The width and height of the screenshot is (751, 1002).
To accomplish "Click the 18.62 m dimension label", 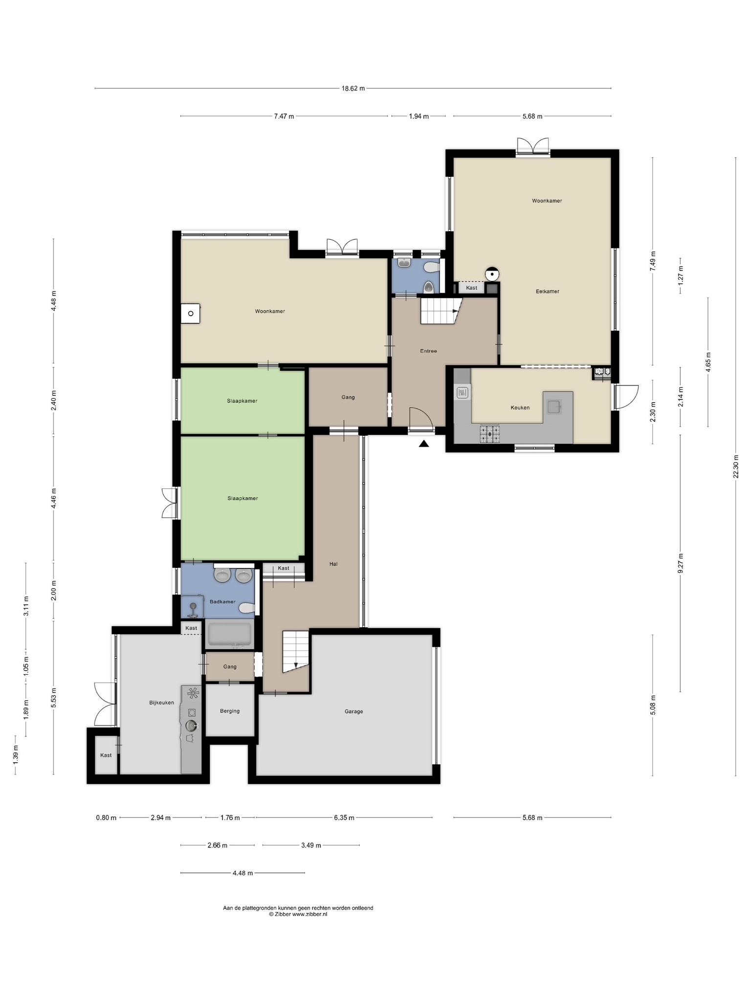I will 353,89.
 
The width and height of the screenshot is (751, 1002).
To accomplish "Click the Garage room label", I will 353,711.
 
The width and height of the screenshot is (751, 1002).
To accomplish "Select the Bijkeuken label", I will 161,703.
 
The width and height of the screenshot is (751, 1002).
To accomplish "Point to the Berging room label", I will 230,711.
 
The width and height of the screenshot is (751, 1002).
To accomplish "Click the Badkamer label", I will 222,602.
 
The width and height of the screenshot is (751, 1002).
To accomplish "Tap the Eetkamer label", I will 547,292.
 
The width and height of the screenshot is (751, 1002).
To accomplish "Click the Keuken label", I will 520,408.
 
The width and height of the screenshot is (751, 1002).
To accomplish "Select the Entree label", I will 428,351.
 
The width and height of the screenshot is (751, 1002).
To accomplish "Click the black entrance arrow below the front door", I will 423,444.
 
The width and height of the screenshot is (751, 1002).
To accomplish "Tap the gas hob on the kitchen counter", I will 489,433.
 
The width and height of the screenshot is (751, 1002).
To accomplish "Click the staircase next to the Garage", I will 295,652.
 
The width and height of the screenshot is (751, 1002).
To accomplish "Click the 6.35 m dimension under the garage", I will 344,818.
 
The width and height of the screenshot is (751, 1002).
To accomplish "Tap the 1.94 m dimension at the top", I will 419,116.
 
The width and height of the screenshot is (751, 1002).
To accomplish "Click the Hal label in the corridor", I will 333,564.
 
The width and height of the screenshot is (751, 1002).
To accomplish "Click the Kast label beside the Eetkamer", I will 471,288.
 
